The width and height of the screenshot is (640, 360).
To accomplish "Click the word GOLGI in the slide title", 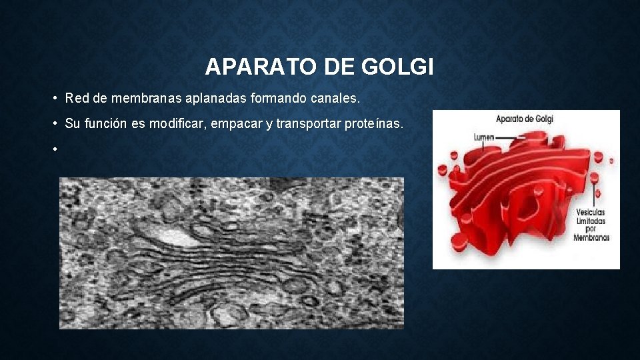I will click(398, 67).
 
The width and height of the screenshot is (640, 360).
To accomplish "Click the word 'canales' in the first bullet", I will click(335, 99).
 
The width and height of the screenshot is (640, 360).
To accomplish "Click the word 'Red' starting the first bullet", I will click(77, 99).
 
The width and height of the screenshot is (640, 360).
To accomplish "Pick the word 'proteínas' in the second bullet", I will click(376, 123).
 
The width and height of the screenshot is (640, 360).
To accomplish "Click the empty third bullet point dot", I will click(53, 149).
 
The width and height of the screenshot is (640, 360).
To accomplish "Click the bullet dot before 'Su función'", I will click(53, 124).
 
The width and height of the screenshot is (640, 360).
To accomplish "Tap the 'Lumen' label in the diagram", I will click(484, 137).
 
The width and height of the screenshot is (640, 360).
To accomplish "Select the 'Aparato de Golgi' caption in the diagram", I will click(525, 119).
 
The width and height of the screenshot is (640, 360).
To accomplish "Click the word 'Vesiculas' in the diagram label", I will click(591, 212).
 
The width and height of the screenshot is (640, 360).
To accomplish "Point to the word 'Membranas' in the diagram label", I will click(591, 237).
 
